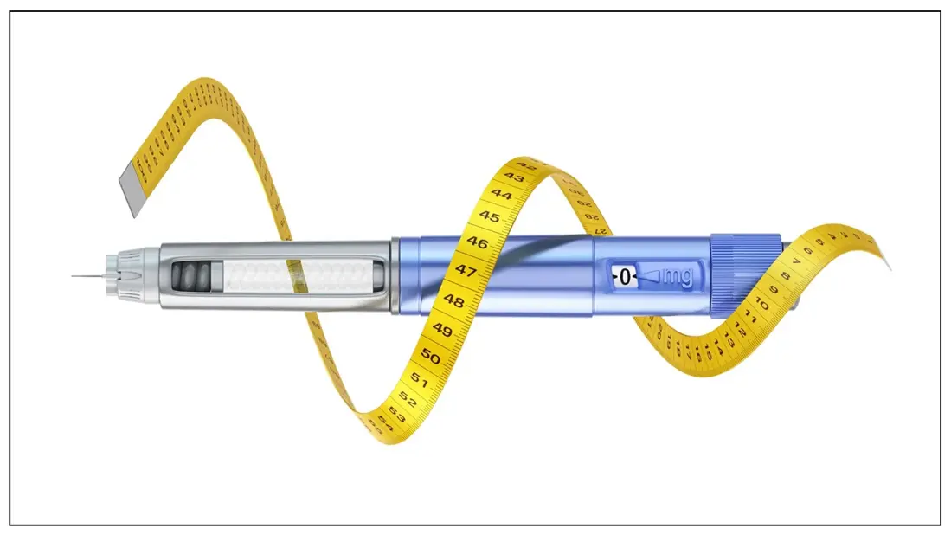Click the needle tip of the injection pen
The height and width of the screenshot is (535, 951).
coord(74,276)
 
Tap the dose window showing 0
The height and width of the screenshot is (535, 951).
coord(625,278)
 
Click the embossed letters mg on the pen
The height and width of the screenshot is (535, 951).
coord(675,277)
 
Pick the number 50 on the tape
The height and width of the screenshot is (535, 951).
coord(430,358)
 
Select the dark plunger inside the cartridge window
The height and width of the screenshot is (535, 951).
coord(194,277)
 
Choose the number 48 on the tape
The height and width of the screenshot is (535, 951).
coord(453,300)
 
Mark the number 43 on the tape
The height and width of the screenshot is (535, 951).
coord(514,177)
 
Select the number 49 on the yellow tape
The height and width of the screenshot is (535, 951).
coord(442,330)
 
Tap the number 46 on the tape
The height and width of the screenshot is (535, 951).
coord(476,243)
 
